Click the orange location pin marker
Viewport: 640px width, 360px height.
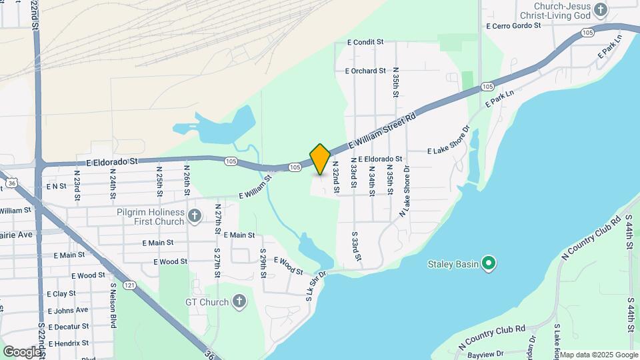coord(320,159)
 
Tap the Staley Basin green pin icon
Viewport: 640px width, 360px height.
coord(489,264)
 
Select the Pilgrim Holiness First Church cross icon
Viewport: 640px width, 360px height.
coord(195,215)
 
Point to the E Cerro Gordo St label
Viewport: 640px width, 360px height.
coord(513,26)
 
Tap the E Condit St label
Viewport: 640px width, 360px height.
coord(365,42)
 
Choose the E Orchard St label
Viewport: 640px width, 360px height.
coord(365,71)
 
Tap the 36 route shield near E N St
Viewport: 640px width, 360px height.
coord(11,182)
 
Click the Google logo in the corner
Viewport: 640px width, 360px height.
coord(21,351)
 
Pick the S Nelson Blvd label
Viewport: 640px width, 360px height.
coord(113,306)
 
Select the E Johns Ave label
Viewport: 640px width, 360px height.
coord(67,310)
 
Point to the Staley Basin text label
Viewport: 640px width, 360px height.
coord(453,265)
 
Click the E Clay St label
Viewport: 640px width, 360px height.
coord(61,293)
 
